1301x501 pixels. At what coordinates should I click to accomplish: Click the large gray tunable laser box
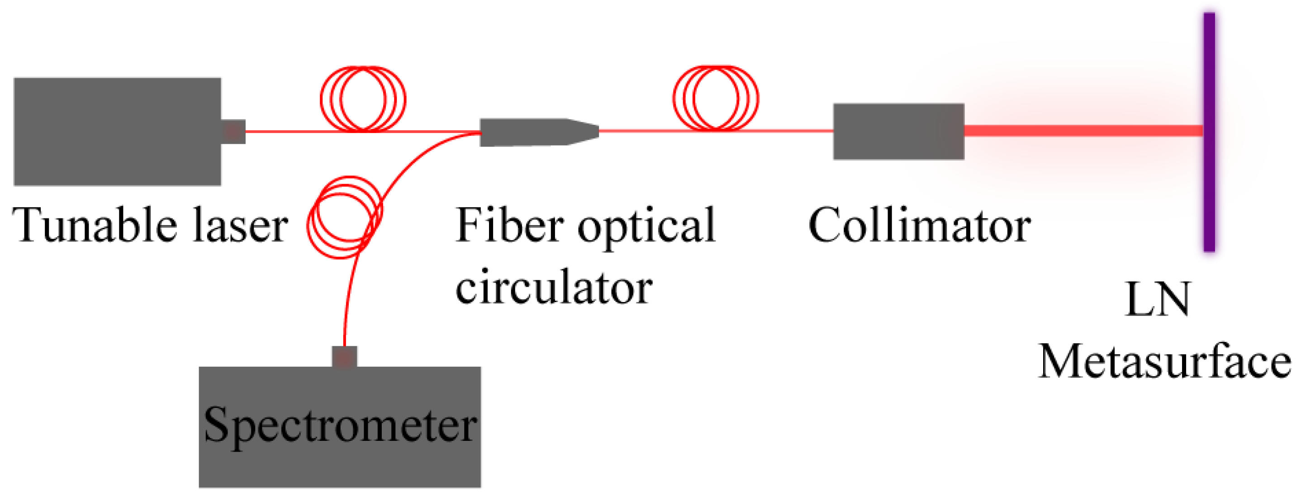click(117, 131)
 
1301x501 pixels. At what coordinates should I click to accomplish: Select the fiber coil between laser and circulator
click(363, 99)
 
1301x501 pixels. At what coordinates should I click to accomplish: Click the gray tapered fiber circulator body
click(525, 132)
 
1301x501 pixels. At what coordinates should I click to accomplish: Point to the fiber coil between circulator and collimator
click(715, 98)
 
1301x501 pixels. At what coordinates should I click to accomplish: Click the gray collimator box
click(898, 131)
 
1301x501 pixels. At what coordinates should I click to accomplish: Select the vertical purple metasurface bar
click(1209, 131)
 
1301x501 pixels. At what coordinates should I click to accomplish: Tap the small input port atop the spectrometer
click(344, 357)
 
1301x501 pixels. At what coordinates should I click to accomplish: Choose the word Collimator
click(919, 225)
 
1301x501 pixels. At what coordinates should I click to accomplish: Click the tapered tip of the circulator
click(586, 132)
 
